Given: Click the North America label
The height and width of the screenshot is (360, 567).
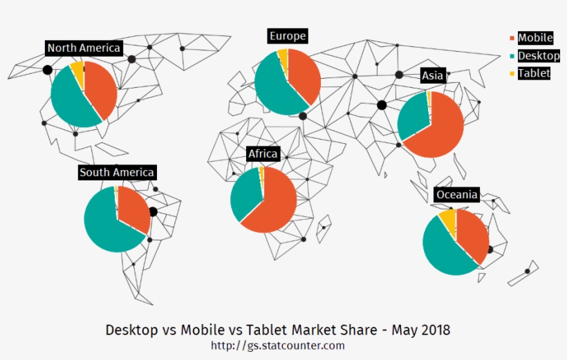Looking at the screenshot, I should coord(84,48).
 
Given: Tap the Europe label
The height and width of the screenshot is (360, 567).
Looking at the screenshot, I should coord(288,36).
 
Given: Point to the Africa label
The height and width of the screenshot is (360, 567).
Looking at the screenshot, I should coord(263,153).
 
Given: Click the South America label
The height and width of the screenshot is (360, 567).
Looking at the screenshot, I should coord(117,172).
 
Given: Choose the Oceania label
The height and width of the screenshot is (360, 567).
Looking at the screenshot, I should coord(456,195).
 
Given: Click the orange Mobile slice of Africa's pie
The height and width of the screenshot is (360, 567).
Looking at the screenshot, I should coord(273,204).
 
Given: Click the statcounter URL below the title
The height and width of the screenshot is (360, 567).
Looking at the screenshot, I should coord(277,345).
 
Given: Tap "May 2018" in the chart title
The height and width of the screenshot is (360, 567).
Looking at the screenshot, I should coord(420,330).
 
